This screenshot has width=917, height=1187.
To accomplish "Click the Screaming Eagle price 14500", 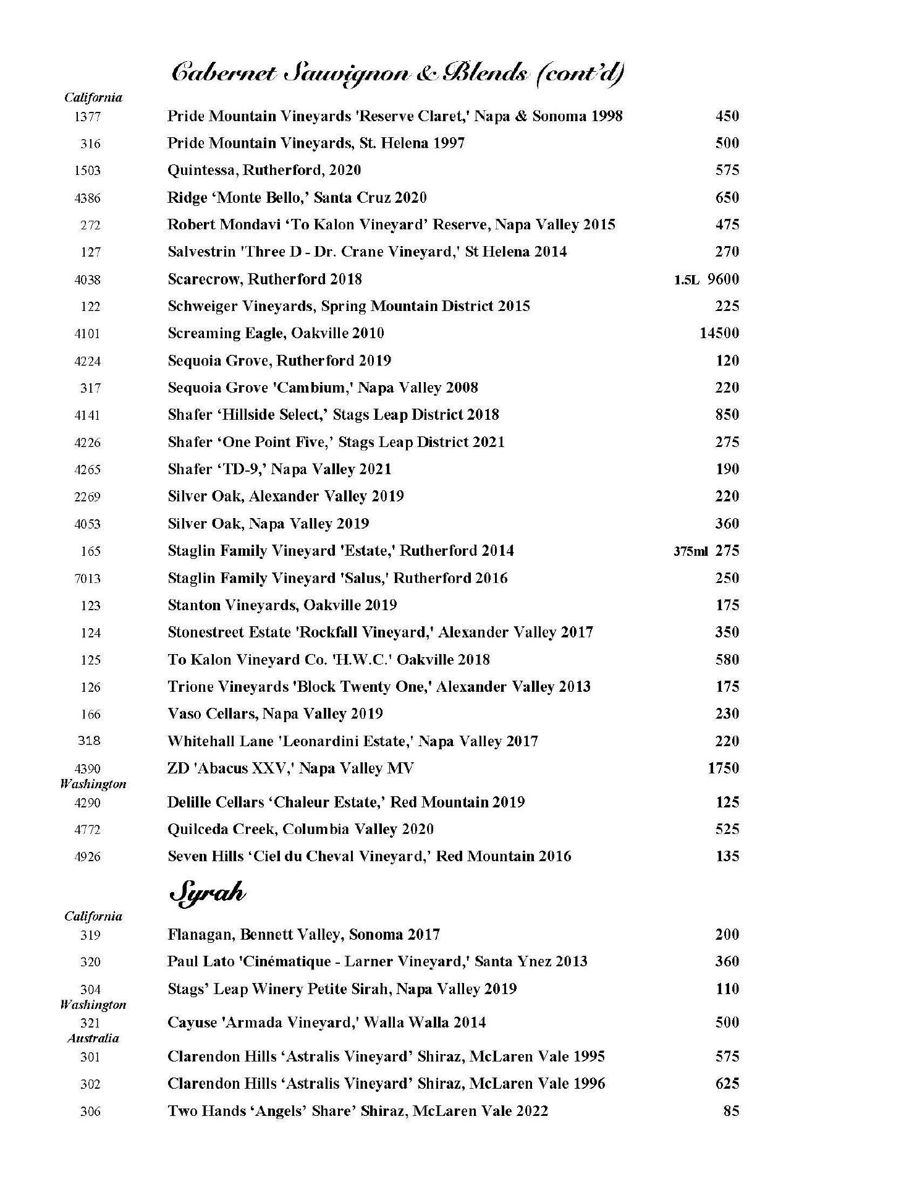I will pos(719,333).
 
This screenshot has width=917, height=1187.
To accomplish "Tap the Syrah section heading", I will pos(207,894).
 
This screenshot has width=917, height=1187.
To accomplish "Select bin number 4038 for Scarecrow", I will pos(87,279).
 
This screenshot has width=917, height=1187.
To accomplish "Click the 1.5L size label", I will pos(686,280).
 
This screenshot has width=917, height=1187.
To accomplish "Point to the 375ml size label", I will pos(690,551).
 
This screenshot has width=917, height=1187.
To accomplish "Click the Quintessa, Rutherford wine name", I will pos(264,170).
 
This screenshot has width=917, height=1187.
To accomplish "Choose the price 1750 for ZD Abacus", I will pos(723,768).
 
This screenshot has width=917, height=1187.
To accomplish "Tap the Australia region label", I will pos(93,1039).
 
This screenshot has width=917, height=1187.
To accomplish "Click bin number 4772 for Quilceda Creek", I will pos(87,830).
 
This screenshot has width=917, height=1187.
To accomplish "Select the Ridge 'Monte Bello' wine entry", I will pos(297,198).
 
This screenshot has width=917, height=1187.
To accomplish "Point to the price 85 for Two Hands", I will pos(731,1111).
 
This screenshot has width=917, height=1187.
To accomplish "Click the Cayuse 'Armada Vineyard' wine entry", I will pos(326,1022).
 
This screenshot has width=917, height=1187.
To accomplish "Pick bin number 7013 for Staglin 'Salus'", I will pos(87,579).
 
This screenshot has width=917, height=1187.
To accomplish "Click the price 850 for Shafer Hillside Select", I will pos(727,415).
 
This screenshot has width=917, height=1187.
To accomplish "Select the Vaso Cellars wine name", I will pos(275,713).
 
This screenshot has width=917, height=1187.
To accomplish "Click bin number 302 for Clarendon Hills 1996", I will pos(90,1084).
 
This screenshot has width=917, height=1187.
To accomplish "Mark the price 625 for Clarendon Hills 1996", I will pos(727,1083).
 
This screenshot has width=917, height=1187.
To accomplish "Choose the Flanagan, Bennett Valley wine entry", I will pos(303,934).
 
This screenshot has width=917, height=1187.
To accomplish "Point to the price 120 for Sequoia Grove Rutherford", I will pos(727,360).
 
